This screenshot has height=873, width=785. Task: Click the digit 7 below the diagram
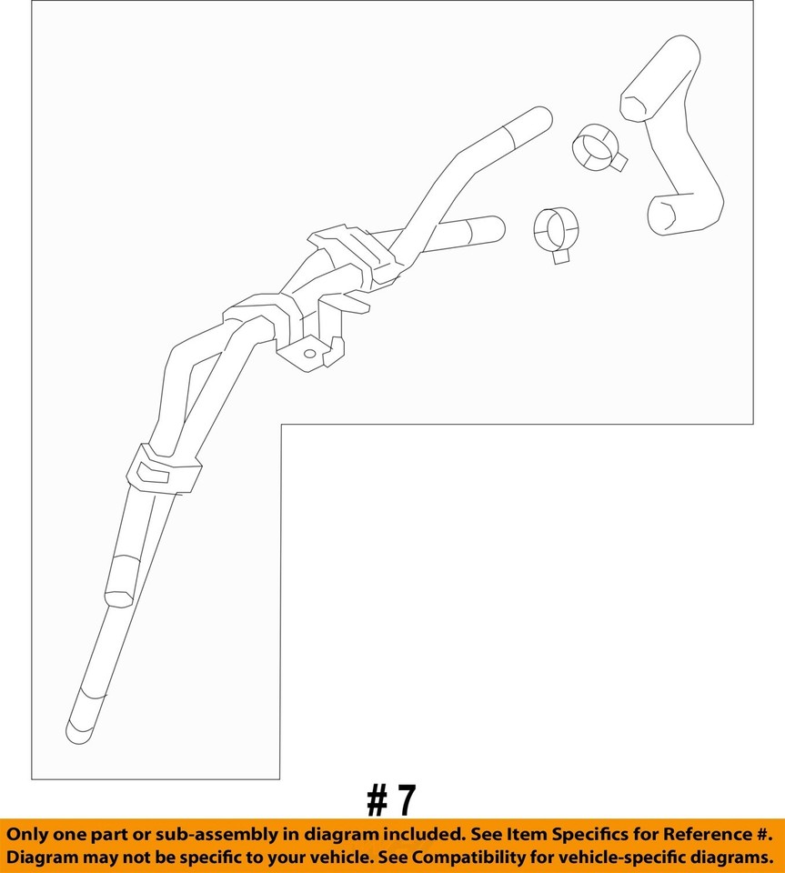pyautogui.click(x=406, y=801)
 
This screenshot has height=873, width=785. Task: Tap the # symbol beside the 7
pyautogui.click(x=377, y=801)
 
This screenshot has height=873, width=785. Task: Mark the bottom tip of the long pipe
pyautogui.click(x=79, y=729)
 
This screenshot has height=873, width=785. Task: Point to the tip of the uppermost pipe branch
pyautogui.click(x=542, y=117)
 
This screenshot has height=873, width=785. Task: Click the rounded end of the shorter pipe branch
pyautogui.click(x=495, y=227)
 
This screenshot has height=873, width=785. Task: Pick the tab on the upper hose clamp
pyautogui.click(x=619, y=162)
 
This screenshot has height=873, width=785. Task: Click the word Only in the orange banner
pyautogui.click(x=34, y=834)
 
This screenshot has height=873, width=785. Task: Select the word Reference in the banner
pyautogui.click(x=697, y=834)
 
